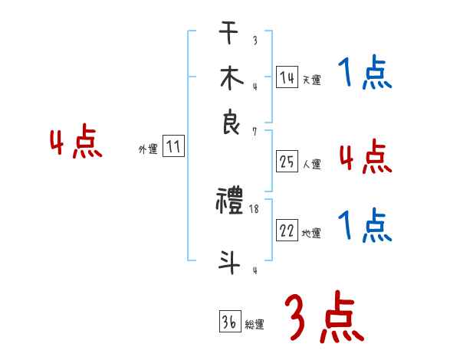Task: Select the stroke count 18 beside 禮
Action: pyautogui.click(x=255, y=209)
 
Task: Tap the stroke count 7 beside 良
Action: pyautogui.click(x=254, y=132)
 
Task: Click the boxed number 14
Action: pyautogui.click(x=287, y=77)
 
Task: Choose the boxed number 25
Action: pyautogui.click(x=287, y=162)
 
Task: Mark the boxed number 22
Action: pyautogui.click(x=287, y=231)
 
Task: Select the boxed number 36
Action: pyautogui.click(x=228, y=323)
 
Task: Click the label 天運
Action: pyautogui.click(x=311, y=80)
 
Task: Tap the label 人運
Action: pyautogui.click(x=311, y=164)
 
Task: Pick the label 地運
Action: pyautogui.click(x=311, y=234)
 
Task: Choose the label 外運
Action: pyautogui.click(x=148, y=150)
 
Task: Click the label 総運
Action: pyautogui.click(x=254, y=326)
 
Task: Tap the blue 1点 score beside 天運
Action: pyautogui.click(x=365, y=74)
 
